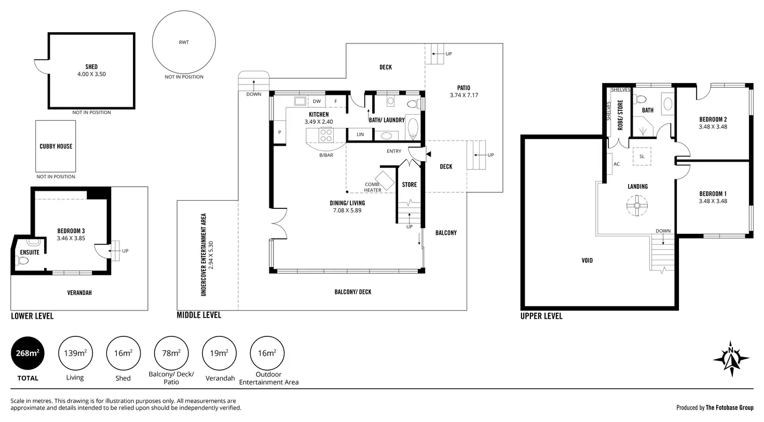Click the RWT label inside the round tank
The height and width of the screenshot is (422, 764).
[184, 42]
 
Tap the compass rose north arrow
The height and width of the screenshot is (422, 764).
[731, 359]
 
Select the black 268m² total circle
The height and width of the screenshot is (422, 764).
[28, 353]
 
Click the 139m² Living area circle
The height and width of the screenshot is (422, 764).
[75, 353]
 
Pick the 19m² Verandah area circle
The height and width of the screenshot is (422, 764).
[219, 353]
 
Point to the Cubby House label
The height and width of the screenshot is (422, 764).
[56, 146]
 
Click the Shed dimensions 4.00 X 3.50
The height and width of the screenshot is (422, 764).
[91, 74]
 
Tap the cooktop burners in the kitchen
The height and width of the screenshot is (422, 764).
[326, 135]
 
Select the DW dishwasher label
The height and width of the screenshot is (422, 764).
[317, 101]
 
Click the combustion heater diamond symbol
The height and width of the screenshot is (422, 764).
[385, 181]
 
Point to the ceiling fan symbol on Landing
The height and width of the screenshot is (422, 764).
[637, 205]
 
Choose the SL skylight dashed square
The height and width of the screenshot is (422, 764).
[642, 157]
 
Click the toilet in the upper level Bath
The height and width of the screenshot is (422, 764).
[640, 100]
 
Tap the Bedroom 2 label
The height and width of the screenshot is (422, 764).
[713, 119]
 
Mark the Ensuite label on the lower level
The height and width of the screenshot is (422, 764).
[30, 252]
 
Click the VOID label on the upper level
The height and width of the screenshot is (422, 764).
[587, 261]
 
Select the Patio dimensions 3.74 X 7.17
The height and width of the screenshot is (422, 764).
[464, 95]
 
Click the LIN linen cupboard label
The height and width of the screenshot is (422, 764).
[360, 135]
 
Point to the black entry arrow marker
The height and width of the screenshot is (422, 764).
[429, 154]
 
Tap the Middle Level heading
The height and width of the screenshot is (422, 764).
[199, 315]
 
